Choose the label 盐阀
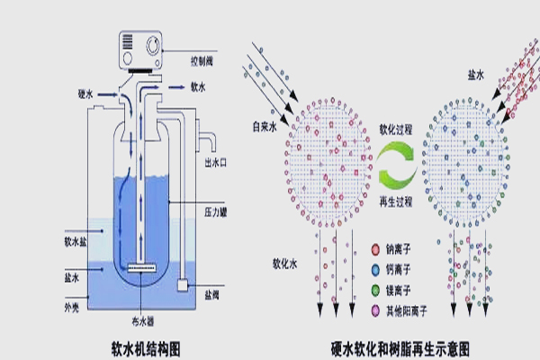tap(214, 294)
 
